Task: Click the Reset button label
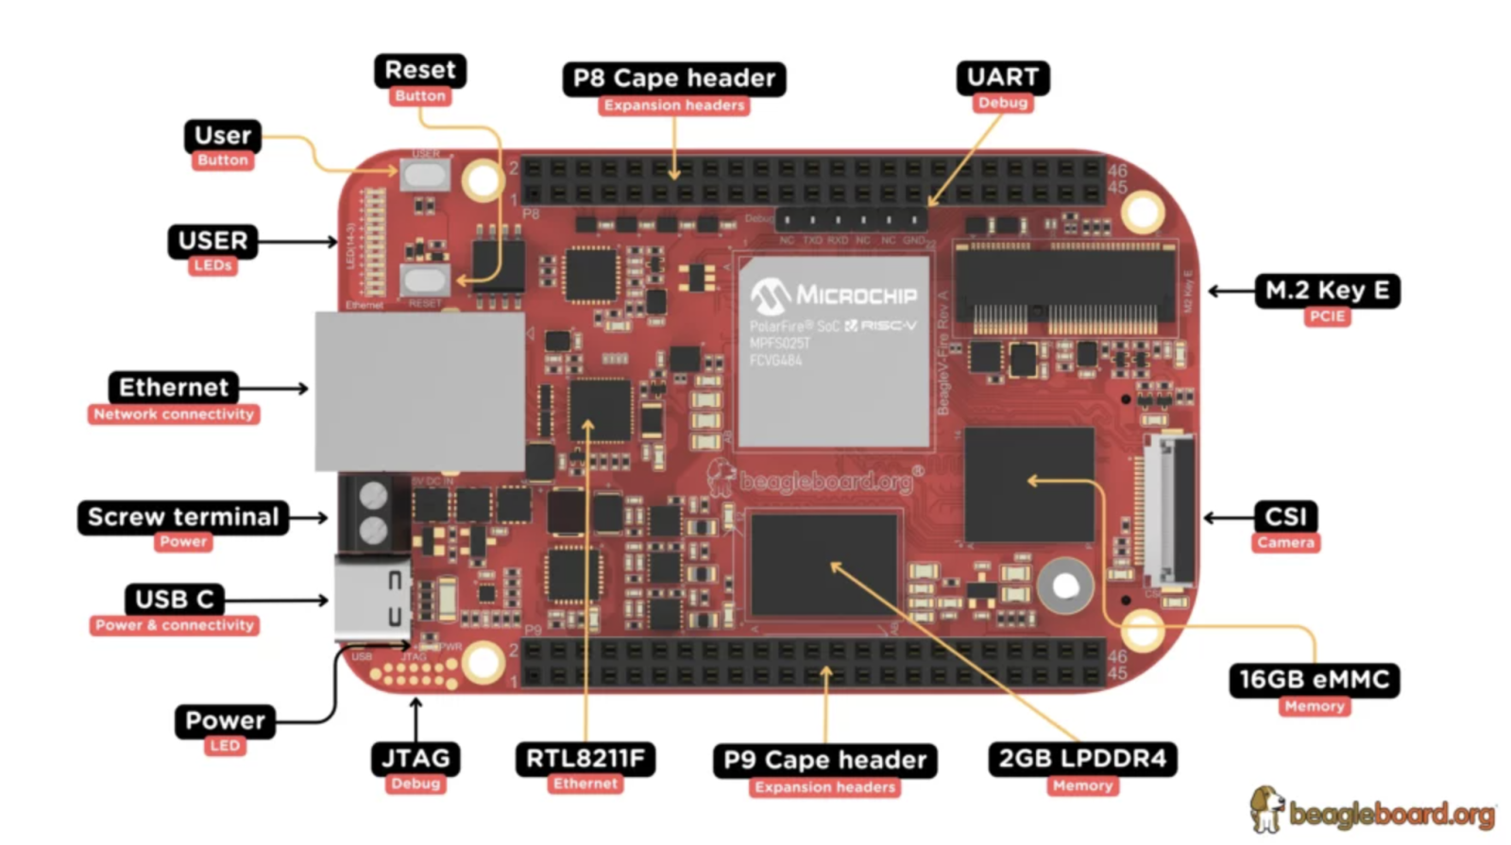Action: click(x=419, y=71)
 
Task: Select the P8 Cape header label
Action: click(x=673, y=78)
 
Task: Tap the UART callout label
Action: click(x=1002, y=77)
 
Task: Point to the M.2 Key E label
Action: click(x=1326, y=291)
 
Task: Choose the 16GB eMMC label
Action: click(x=1314, y=680)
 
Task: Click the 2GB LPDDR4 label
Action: click(x=1082, y=759)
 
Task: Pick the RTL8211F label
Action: click(x=586, y=759)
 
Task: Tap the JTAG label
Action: click(x=416, y=759)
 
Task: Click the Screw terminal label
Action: click(x=183, y=517)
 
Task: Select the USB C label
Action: click(x=175, y=600)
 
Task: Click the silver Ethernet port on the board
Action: click(x=419, y=391)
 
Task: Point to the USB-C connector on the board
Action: click(x=372, y=599)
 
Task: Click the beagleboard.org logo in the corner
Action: click(x=1373, y=811)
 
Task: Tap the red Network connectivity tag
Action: click(x=174, y=414)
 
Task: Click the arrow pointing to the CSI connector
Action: click(x=1227, y=517)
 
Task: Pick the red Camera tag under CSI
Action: click(x=1285, y=543)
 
